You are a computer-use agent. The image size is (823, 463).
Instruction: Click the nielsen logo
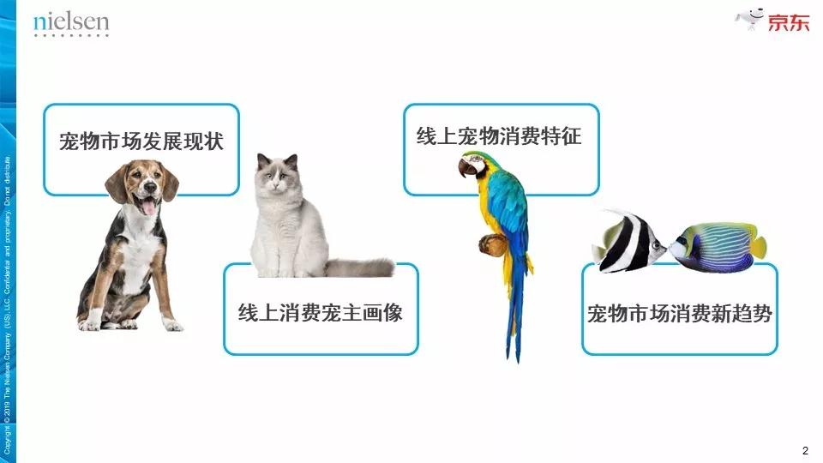71,24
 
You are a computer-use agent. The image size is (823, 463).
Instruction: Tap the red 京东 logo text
789,23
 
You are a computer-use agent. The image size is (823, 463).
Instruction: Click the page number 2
805,450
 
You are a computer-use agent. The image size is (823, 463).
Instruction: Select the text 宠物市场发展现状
141,141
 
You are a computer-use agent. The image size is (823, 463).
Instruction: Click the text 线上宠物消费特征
499,135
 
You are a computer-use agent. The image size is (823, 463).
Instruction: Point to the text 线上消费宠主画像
320,313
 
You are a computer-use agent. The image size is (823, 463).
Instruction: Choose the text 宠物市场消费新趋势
680,314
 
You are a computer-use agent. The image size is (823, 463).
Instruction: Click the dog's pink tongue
149,207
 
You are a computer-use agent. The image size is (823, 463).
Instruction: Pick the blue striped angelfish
718,247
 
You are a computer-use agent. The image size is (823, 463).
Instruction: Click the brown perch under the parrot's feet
493,244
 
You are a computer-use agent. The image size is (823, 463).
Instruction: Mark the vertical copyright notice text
8,304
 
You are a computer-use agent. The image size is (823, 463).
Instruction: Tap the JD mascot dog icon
749,20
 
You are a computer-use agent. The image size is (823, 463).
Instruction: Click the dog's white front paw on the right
171,323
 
